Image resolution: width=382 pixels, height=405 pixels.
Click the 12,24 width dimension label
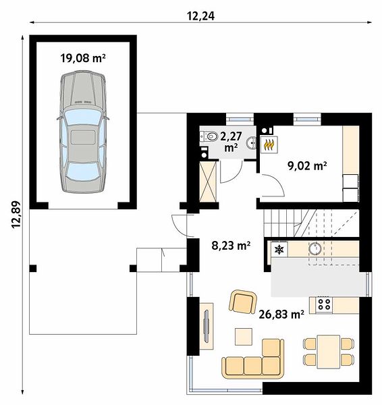click(200, 16)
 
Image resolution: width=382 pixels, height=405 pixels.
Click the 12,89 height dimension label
click(16, 215)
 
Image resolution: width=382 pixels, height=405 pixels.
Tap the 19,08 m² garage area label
click(83, 58)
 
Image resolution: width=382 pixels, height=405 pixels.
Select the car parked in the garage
click(83, 132)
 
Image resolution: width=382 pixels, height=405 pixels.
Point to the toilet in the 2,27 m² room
click(209, 136)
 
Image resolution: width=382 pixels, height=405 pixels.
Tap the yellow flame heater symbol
click(269, 144)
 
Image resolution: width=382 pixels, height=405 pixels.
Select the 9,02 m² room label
click(307, 165)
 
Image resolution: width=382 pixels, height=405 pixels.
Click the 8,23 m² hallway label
click(231, 246)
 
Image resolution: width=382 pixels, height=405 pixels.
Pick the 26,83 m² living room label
click(281, 315)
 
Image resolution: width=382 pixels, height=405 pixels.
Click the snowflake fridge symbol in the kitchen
click(279, 249)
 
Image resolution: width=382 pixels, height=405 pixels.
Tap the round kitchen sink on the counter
click(315, 248)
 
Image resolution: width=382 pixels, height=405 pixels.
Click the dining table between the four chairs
click(329, 352)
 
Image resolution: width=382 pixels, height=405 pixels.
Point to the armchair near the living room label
click(243, 302)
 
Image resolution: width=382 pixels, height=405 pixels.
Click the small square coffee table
click(244, 337)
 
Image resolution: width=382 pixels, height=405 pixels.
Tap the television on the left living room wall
click(207, 326)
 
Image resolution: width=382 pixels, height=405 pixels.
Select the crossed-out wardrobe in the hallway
click(208, 182)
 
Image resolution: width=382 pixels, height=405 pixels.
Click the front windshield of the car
click(82, 117)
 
